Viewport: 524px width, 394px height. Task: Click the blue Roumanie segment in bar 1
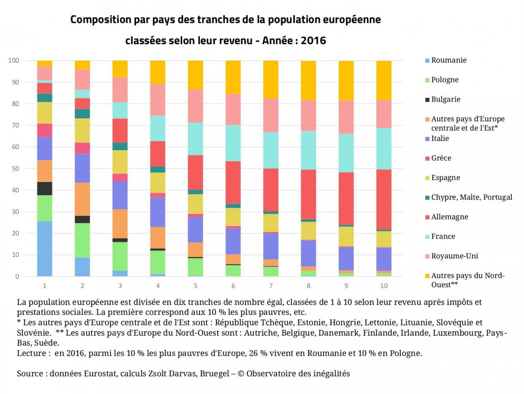coord(45,249)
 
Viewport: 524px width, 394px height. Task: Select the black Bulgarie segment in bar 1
coord(45,189)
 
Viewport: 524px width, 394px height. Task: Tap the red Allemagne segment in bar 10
coord(384,199)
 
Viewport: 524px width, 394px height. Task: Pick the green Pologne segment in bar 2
coord(82,240)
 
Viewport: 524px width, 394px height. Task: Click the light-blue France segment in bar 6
coord(233,143)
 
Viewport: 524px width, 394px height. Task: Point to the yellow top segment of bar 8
coord(308,80)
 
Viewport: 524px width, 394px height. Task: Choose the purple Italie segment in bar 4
coord(158,212)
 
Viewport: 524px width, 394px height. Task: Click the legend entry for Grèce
coord(441,158)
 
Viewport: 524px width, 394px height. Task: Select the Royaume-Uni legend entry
coord(454,256)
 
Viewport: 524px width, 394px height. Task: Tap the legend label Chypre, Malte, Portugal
coord(472,197)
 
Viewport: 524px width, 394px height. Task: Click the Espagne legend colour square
coord(427,178)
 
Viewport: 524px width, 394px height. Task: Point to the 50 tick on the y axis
coord(15,169)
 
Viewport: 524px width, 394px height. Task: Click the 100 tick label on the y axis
coord(14,60)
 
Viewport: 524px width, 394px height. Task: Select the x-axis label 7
coord(271,286)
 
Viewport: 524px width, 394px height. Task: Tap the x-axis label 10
coord(384,286)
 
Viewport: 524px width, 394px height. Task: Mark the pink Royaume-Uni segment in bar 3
coord(120,90)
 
